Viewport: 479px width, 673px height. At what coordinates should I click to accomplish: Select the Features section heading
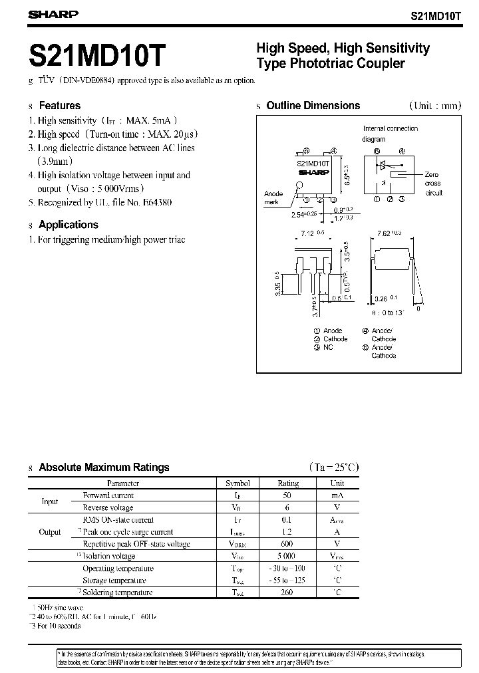59,106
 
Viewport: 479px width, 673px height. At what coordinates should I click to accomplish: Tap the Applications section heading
68,225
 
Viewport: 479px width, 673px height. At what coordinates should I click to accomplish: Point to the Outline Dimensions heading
313,106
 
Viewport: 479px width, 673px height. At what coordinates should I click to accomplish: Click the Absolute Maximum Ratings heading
104,468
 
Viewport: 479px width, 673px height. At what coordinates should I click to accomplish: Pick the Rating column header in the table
288,483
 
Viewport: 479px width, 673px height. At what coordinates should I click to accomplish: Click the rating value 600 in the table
288,544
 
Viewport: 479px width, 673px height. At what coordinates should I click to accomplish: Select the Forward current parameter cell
108,495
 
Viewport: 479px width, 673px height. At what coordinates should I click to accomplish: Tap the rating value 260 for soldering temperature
288,593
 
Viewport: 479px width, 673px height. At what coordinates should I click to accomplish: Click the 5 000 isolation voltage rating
288,556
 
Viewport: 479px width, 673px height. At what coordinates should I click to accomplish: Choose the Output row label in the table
50,532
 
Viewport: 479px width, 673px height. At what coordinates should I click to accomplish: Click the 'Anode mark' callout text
273,198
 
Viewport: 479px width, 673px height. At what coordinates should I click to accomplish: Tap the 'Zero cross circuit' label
433,184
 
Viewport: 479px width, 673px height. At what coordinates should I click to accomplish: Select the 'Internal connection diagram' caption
390,134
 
